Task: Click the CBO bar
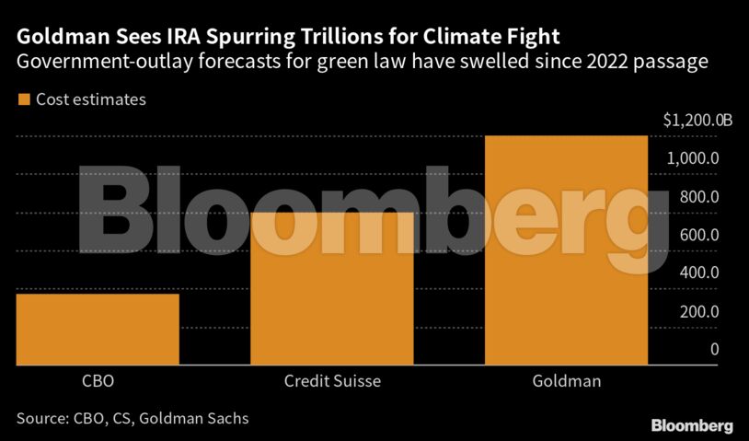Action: coord(98,329)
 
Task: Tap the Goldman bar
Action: coord(567,250)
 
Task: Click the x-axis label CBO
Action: coord(98,380)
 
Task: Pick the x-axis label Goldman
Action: coord(567,380)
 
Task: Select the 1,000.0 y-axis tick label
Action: coord(693,158)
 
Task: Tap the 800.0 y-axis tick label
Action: coord(700,197)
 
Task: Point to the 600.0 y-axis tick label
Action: coord(700,235)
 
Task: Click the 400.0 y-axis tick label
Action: coord(700,273)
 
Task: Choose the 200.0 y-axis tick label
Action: coord(700,311)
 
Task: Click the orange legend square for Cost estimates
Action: coord(22,99)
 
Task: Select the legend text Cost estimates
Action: coord(90,99)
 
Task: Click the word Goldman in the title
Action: coord(64,38)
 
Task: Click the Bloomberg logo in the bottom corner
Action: coord(692,425)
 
